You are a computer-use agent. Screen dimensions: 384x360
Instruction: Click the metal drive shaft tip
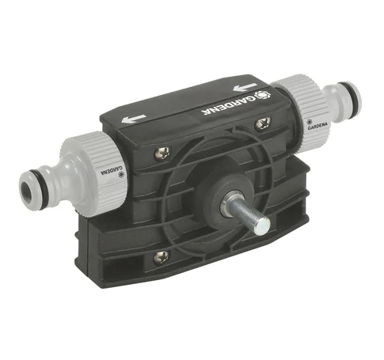click(x=263, y=226)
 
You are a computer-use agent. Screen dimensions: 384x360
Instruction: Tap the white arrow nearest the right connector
click(x=245, y=88)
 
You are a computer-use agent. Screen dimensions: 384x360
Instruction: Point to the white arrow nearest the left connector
click(x=134, y=119)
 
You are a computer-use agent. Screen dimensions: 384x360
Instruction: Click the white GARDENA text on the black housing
click(x=227, y=104)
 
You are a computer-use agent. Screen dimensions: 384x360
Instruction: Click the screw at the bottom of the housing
click(x=161, y=256)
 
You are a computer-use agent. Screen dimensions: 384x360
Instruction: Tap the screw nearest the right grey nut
click(x=263, y=123)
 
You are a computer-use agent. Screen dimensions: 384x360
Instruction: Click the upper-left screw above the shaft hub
click(x=162, y=153)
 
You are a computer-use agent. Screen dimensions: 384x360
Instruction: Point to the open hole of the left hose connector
click(x=27, y=190)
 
